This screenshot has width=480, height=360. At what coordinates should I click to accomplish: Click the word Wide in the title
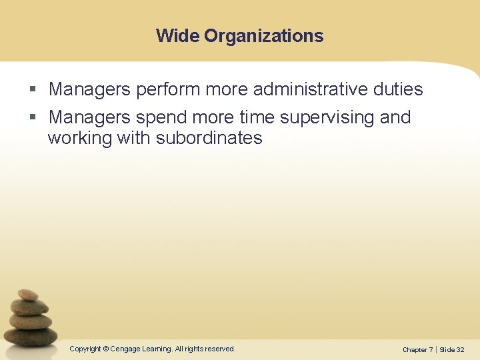(x=178, y=35)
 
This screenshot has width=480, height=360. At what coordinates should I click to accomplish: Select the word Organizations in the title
(x=264, y=36)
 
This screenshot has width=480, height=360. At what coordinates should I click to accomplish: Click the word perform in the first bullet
(x=167, y=89)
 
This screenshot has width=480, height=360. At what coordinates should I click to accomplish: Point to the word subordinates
(x=209, y=138)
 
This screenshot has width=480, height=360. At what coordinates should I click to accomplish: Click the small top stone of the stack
(x=28, y=294)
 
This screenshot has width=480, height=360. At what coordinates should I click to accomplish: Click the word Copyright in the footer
(x=85, y=349)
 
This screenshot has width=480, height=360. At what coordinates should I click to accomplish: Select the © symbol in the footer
(x=106, y=349)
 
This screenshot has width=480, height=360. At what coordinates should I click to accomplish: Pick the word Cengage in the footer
(x=125, y=349)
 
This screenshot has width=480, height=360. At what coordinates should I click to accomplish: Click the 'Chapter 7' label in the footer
(x=417, y=349)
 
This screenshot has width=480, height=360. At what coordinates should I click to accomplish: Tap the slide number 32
(x=461, y=349)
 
